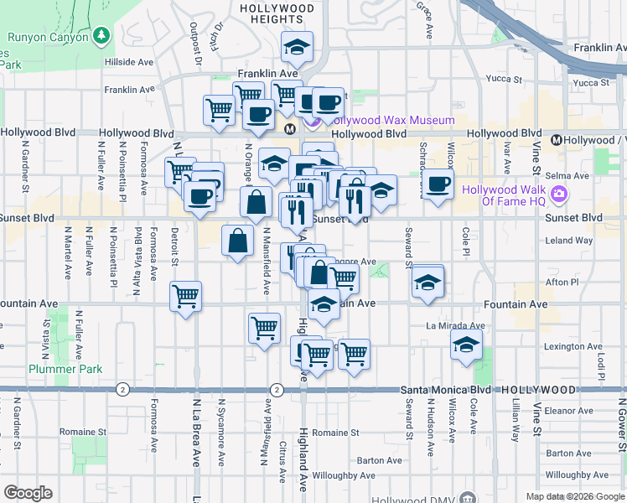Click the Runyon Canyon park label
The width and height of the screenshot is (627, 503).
47,37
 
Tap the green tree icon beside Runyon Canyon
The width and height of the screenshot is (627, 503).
102,35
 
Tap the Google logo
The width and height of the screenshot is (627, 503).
28,493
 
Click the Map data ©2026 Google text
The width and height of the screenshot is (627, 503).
574,496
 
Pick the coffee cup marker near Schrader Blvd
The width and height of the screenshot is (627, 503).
438,185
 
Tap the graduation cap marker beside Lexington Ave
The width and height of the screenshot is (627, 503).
465,345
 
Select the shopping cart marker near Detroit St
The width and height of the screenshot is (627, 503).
184,295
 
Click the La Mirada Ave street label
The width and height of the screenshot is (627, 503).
455,325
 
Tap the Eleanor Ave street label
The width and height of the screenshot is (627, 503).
568,411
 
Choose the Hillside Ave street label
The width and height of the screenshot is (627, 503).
128,62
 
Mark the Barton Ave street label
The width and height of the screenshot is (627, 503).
379,460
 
